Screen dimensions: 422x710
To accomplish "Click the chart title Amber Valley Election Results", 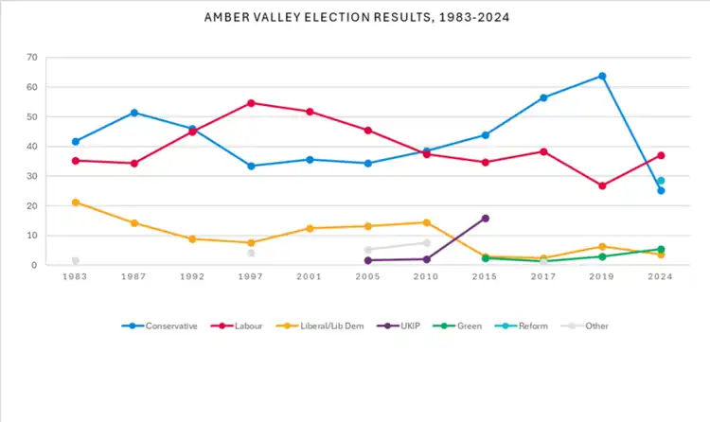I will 355,18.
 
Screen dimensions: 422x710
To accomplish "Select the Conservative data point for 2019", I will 602,76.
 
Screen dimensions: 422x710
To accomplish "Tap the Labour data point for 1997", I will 251,103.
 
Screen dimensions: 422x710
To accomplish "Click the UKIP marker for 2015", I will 485,218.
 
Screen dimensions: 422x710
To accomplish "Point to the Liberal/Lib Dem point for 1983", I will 75,202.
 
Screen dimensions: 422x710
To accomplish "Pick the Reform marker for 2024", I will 661,181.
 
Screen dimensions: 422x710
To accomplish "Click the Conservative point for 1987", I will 133,113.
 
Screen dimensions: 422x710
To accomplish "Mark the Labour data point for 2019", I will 602,185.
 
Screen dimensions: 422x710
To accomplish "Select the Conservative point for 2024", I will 661,190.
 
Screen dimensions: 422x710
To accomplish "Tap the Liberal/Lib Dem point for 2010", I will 426,222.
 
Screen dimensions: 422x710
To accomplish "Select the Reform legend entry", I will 510,326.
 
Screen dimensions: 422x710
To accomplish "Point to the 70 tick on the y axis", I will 32,58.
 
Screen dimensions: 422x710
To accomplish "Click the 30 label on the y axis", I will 32,176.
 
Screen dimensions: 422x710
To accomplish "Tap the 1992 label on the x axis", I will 192,276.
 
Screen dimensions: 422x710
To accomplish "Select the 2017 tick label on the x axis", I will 543,276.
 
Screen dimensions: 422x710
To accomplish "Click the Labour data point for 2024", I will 661,155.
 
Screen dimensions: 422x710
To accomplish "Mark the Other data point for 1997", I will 251,253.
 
